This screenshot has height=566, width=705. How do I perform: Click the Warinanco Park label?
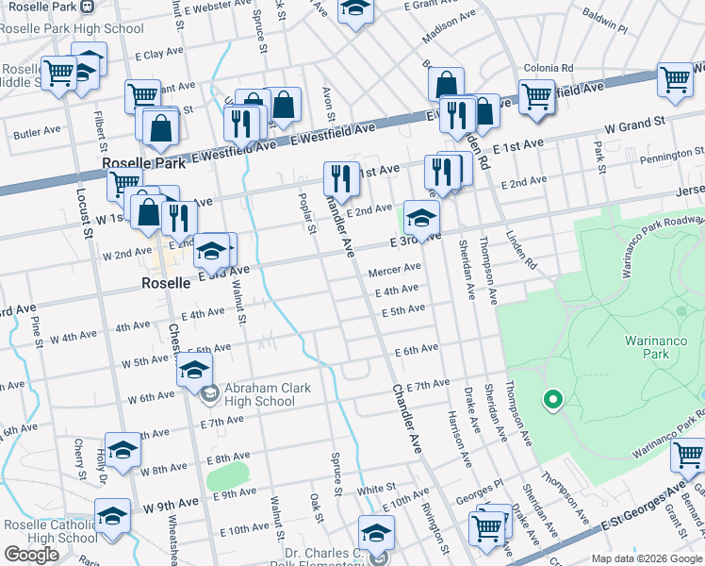[x=647, y=347]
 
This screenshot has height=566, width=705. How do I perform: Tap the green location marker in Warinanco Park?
[x=552, y=401]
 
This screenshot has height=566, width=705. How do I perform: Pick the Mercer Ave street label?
[x=393, y=271]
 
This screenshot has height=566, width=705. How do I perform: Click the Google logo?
[x=31, y=554]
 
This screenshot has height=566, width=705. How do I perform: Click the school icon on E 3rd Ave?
[x=421, y=218]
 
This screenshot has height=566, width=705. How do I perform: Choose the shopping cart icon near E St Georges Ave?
[x=689, y=456]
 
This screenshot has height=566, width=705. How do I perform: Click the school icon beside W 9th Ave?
[x=112, y=516]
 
